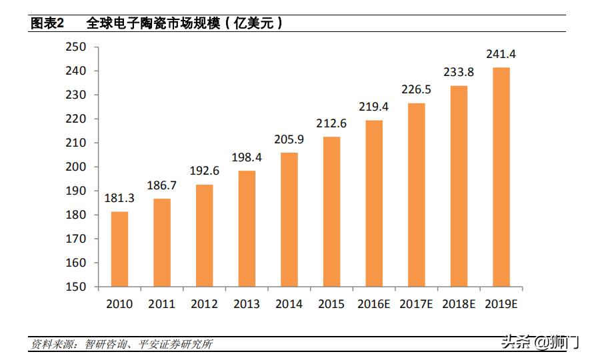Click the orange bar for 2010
point(119,249)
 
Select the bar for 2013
point(247,229)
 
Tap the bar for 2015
point(331,211)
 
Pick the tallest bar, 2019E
point(501,177)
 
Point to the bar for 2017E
point(417,195)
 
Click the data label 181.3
point(119,198)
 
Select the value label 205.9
point(289,139)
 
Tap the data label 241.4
point(501,54)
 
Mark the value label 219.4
point(374,107)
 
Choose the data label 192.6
point(204,171)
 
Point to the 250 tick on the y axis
point(77,47)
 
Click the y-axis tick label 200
point(77,167)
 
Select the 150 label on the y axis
point(77,287)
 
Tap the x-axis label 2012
point(204,304)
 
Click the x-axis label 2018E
point(459,304)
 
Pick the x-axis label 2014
point(289,304)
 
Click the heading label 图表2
point(47,23)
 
